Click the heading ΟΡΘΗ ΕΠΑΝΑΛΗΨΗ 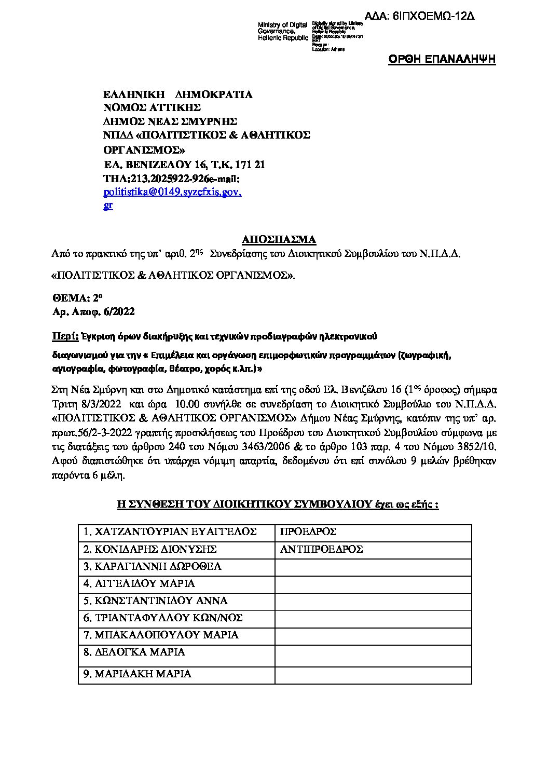click(x=442, y=60)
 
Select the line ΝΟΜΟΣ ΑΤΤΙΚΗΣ click(x=152, y=108)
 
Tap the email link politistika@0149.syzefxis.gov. click(x=173, y=192)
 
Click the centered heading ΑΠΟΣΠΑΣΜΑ click(x=279, y=239)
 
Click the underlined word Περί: click(x=65, y=336)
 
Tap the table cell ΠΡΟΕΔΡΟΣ click(x=308, y=532)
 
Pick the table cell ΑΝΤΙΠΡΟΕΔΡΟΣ click(x=321, y=549)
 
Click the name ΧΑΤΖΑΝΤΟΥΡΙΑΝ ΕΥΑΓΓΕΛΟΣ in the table click(x=170, y=532)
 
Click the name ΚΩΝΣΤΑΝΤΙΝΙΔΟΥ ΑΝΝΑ click(x=155, y=601)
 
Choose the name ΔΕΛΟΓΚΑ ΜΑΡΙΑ click(x=134, y=652)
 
